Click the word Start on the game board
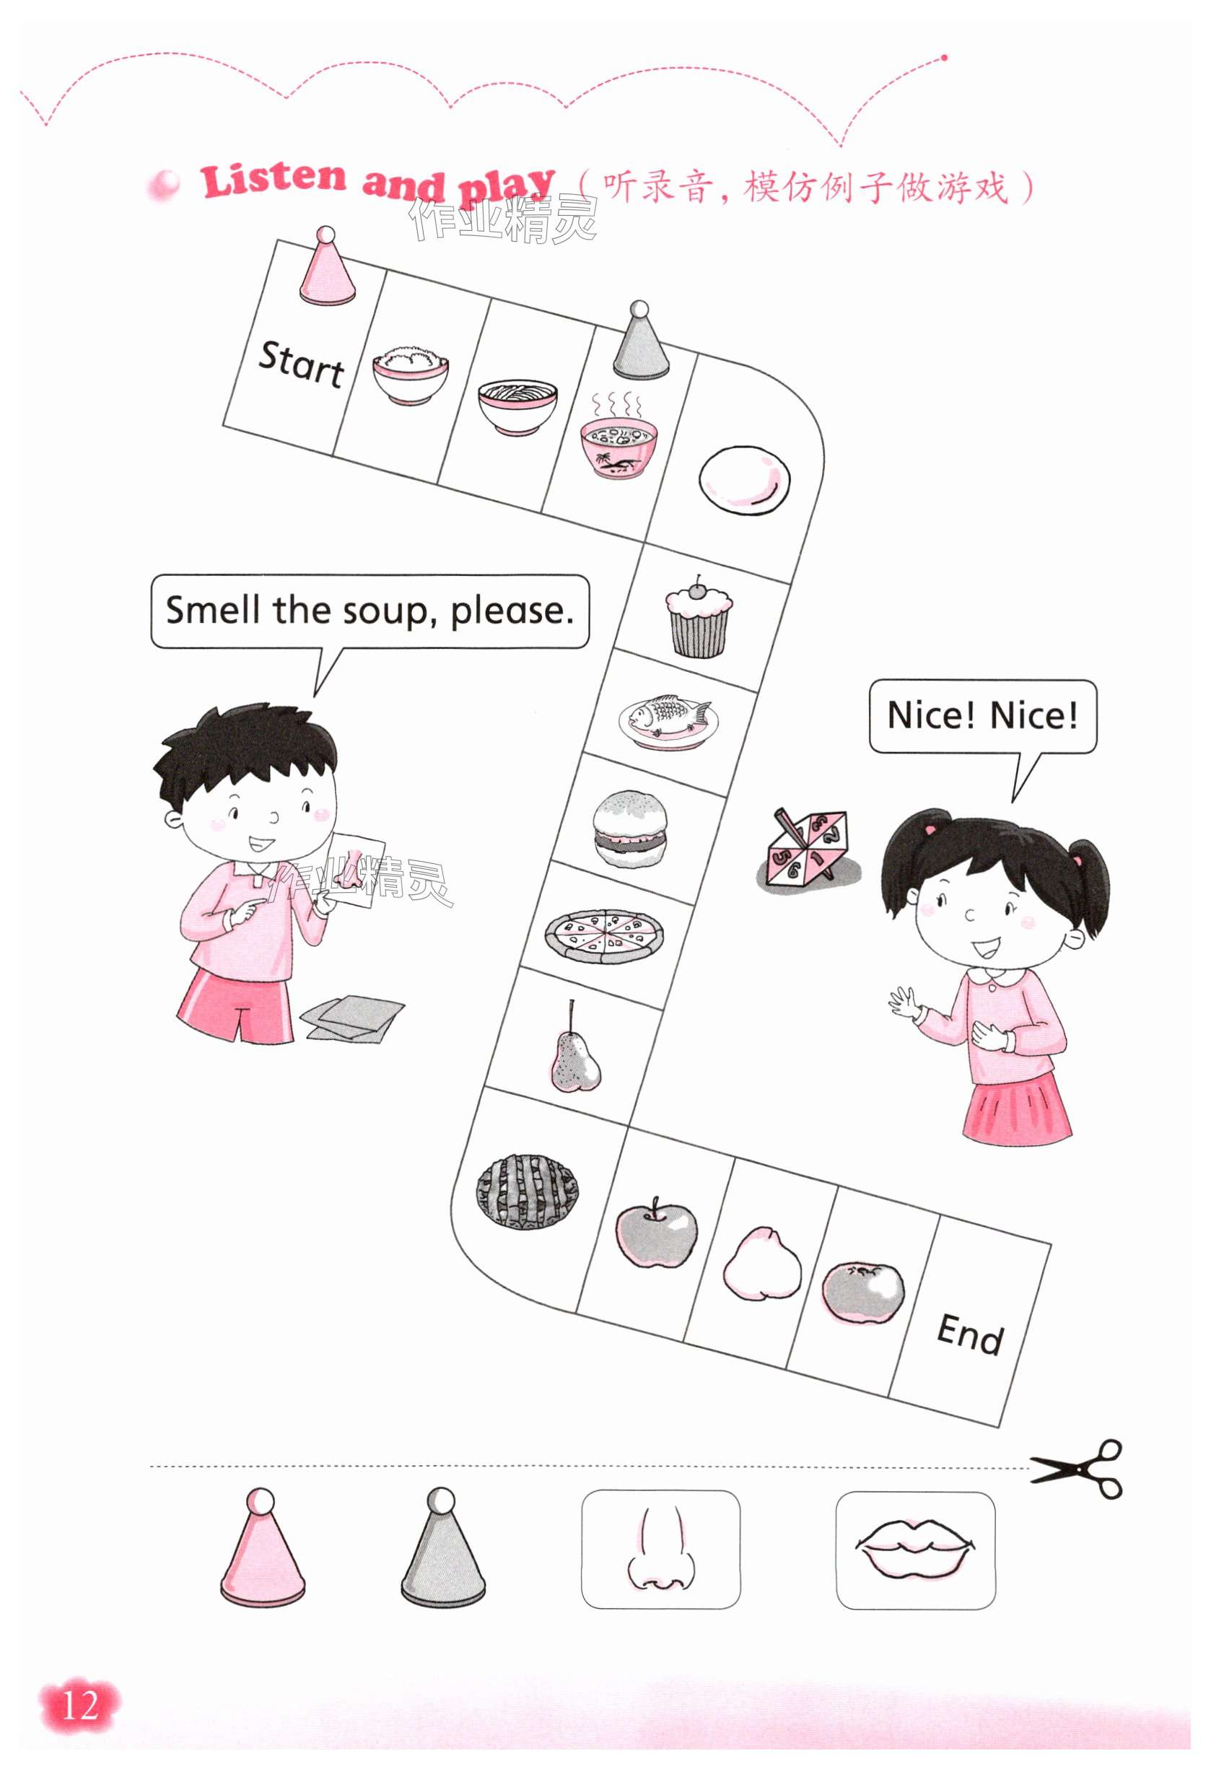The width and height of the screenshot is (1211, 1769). coord(302,364)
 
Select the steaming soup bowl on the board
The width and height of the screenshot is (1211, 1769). coord(617,434)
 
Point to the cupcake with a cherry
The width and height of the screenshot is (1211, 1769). coord(699,616)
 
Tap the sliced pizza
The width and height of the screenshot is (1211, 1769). coord(603,935)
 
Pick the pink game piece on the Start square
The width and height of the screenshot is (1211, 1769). coord(325,266)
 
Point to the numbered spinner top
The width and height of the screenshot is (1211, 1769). coord(808,848)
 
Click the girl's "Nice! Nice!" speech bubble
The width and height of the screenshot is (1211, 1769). coord(983,716)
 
